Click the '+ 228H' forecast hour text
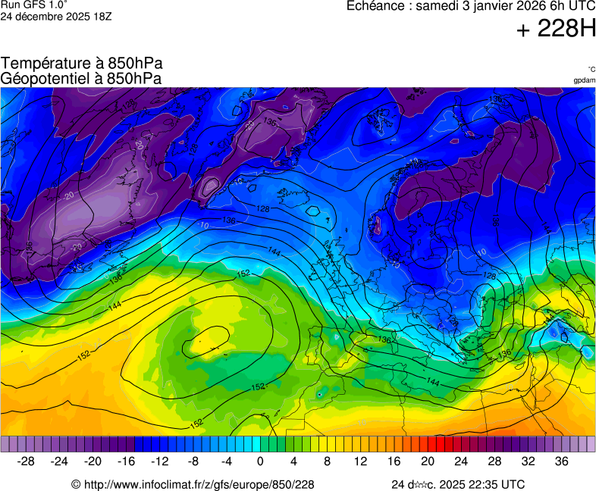click(555, 30)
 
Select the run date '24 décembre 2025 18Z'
click(56, 16)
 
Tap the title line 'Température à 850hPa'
click(81, 64)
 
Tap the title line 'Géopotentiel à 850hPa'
click(81, 78)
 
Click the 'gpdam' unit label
click(584, 80)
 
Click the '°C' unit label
click(591, 69)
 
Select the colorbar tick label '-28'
click(26, 461)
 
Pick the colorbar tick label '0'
click(260, 461)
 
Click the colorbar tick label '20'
click(427, 461)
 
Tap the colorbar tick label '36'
click(561, 461)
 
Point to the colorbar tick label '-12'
click(159, 461)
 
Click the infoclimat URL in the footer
click(193, 484)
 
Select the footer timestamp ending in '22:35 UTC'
click(457, 484)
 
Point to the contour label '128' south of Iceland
click(263, 208)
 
